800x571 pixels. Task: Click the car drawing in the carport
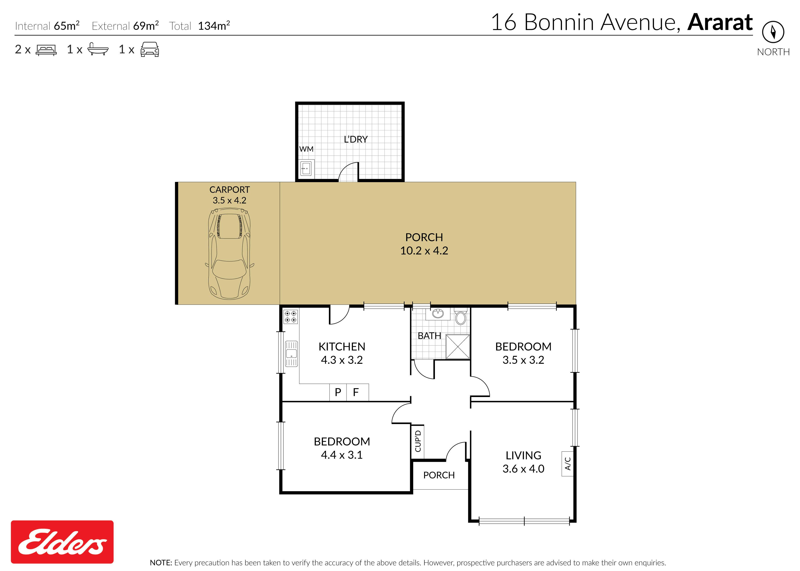click(x=230, y=254)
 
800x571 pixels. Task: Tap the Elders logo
click(x=62, y=542)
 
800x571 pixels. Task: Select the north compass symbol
click(x=773, y=32)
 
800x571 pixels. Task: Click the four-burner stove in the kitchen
click(x=291, y=316)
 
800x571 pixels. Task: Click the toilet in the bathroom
click(x=461, y=317)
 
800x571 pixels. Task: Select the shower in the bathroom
click(x=458, y=347)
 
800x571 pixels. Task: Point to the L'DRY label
click(x=356, y=139)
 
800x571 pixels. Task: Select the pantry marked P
click(x=338, y=392)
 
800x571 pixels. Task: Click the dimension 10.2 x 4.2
click(x=424, y=251)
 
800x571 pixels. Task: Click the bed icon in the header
click(x=46, y=50)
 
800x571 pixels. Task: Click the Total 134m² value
click(x=214, y=26)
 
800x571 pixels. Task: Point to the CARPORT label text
click(x=230, y=189)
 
